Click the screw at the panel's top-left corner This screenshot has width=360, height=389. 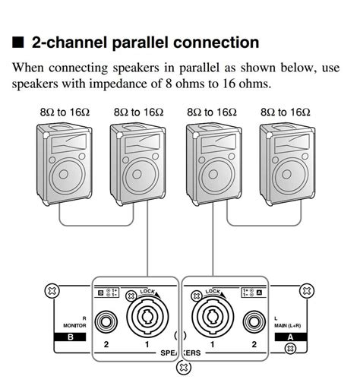pos(52,289)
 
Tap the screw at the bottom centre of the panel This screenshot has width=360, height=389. pos(183,369)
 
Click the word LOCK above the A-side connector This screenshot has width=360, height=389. pos(212,292)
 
